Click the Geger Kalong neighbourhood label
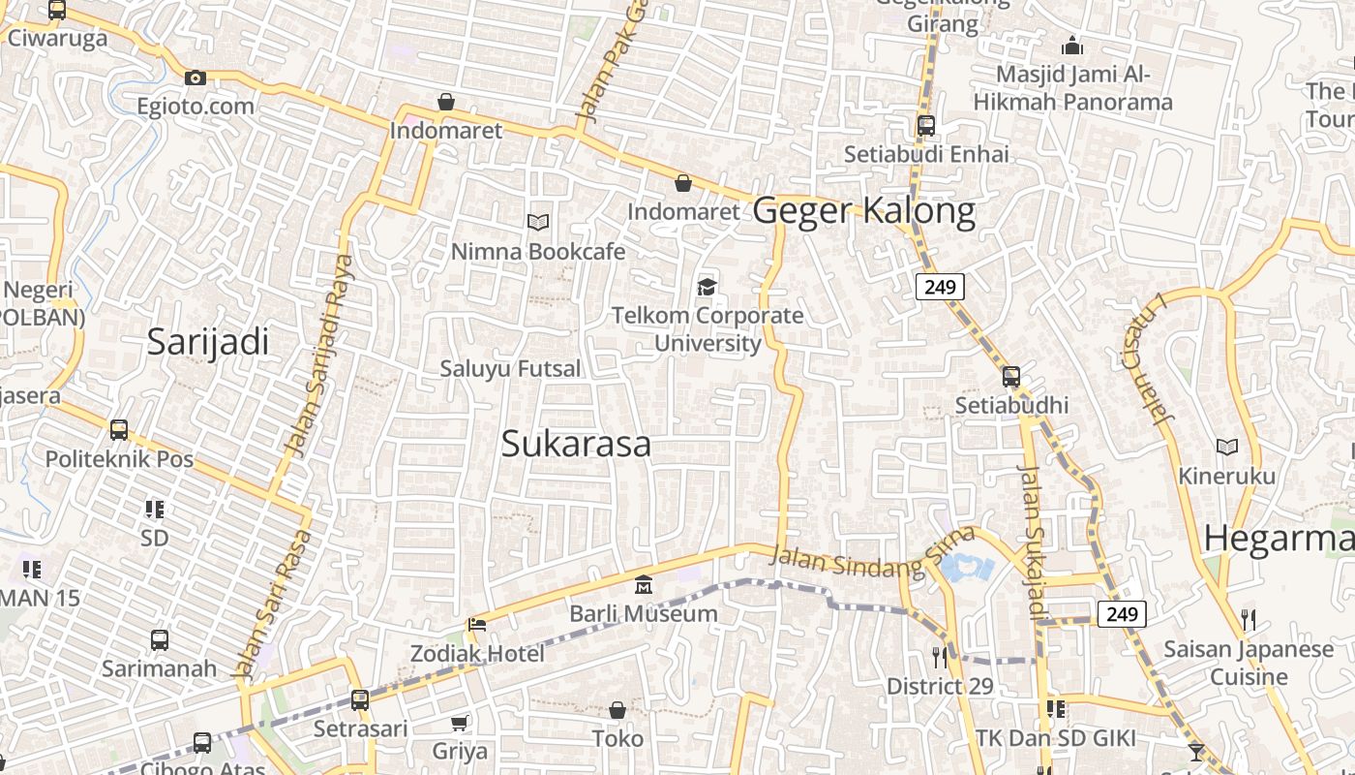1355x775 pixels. (x=863, y=210)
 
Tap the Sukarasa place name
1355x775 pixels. (x=576, y=444)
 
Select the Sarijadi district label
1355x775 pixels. (x=208, y=342)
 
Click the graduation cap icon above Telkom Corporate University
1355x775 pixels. (x=708, y=287)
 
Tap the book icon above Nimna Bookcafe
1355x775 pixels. (x=538, y=223)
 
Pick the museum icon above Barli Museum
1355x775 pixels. (x=644, y=584)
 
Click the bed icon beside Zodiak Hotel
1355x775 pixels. (x=477, y=625)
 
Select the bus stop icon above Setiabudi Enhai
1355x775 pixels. (x=926, y=125)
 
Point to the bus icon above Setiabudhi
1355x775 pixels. (x=1011, y=376)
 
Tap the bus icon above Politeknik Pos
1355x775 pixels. (x=119, y=429)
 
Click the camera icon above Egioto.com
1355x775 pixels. (x=196, y=77)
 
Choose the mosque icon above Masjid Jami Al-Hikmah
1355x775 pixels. (x=1071, y=46)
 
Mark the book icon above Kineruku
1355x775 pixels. (x=1227, y=447)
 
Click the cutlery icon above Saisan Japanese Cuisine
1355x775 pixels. (x=1249, y=619)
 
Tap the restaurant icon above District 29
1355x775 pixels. (x=939, y=658)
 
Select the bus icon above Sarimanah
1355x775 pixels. (x=160, y=639)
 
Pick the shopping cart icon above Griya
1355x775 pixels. (x=460, y=723)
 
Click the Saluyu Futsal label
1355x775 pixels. (x=511, y=369)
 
